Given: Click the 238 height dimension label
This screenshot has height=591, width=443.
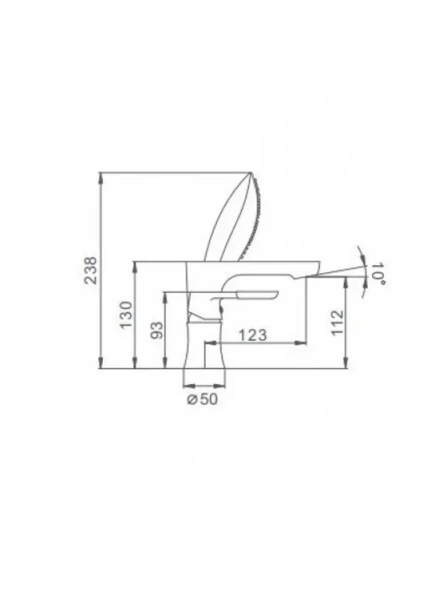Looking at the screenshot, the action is pyautogui.click(x=90, y=270).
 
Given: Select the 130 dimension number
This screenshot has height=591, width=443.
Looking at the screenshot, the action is pyautogui.click(x=127, y=314).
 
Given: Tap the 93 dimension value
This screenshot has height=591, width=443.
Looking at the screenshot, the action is pyautogui.click(x=157, y=330).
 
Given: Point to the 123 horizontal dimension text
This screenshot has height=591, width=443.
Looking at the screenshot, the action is pyautogui.click(x=253, y=334).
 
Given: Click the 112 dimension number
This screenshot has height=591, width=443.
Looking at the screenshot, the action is pyautogui.click(x=338, y=323).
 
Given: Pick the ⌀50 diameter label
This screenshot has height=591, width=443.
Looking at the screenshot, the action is pyautogui.click(x=203, y=399).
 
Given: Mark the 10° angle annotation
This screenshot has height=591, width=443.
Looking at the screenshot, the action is pyautogui.click(x=379, y=273).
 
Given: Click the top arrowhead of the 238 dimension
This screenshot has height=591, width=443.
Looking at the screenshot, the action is pyautogui.click(x=100, y=178).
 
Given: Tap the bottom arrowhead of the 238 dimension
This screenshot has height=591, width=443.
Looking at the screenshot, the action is pyautogui.click(x=100, y=362).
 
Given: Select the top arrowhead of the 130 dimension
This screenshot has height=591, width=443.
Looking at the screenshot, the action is pyautogui.click(x=135, y=267).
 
